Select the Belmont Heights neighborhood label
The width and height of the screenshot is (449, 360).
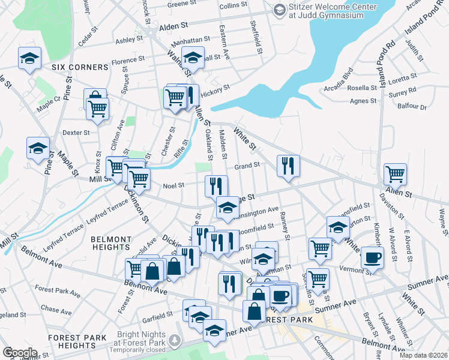pos(110,242)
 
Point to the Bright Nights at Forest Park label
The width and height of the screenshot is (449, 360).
pos(141,341)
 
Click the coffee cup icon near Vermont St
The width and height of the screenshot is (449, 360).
pos(372,259)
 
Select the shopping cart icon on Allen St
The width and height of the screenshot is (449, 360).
pos(395,175)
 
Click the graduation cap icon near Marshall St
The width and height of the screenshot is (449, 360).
pos(193,58)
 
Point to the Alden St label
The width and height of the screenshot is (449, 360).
pos(174,27)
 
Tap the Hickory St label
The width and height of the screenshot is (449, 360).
pos(215,91)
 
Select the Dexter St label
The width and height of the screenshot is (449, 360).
pos(76,133)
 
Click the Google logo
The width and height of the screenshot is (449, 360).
pos(20,352)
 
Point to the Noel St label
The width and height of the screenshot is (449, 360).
pos(173,185)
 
